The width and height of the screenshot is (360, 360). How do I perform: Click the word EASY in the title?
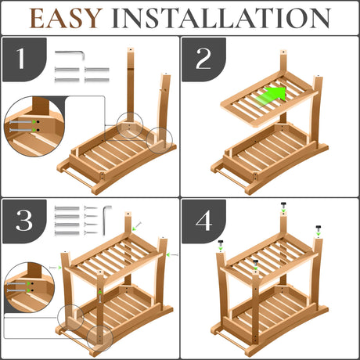66,18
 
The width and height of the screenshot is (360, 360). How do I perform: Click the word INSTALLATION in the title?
221,18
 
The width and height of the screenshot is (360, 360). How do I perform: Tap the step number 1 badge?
24,59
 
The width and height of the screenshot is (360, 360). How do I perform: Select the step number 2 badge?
203,59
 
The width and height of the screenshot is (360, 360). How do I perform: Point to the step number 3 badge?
24,221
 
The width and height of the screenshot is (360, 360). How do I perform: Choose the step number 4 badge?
203,221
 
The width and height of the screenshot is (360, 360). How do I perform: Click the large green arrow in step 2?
272,96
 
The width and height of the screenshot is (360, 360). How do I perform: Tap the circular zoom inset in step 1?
34,127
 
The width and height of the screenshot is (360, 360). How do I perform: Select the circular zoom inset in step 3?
30,287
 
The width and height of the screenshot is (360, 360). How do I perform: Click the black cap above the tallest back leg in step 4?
283,205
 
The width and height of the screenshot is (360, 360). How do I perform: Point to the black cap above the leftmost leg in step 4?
221,243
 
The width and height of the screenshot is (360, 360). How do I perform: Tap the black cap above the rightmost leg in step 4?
319,229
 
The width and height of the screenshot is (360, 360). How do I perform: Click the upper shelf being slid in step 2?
268,99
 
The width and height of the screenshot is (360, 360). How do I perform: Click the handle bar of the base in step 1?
77,178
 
